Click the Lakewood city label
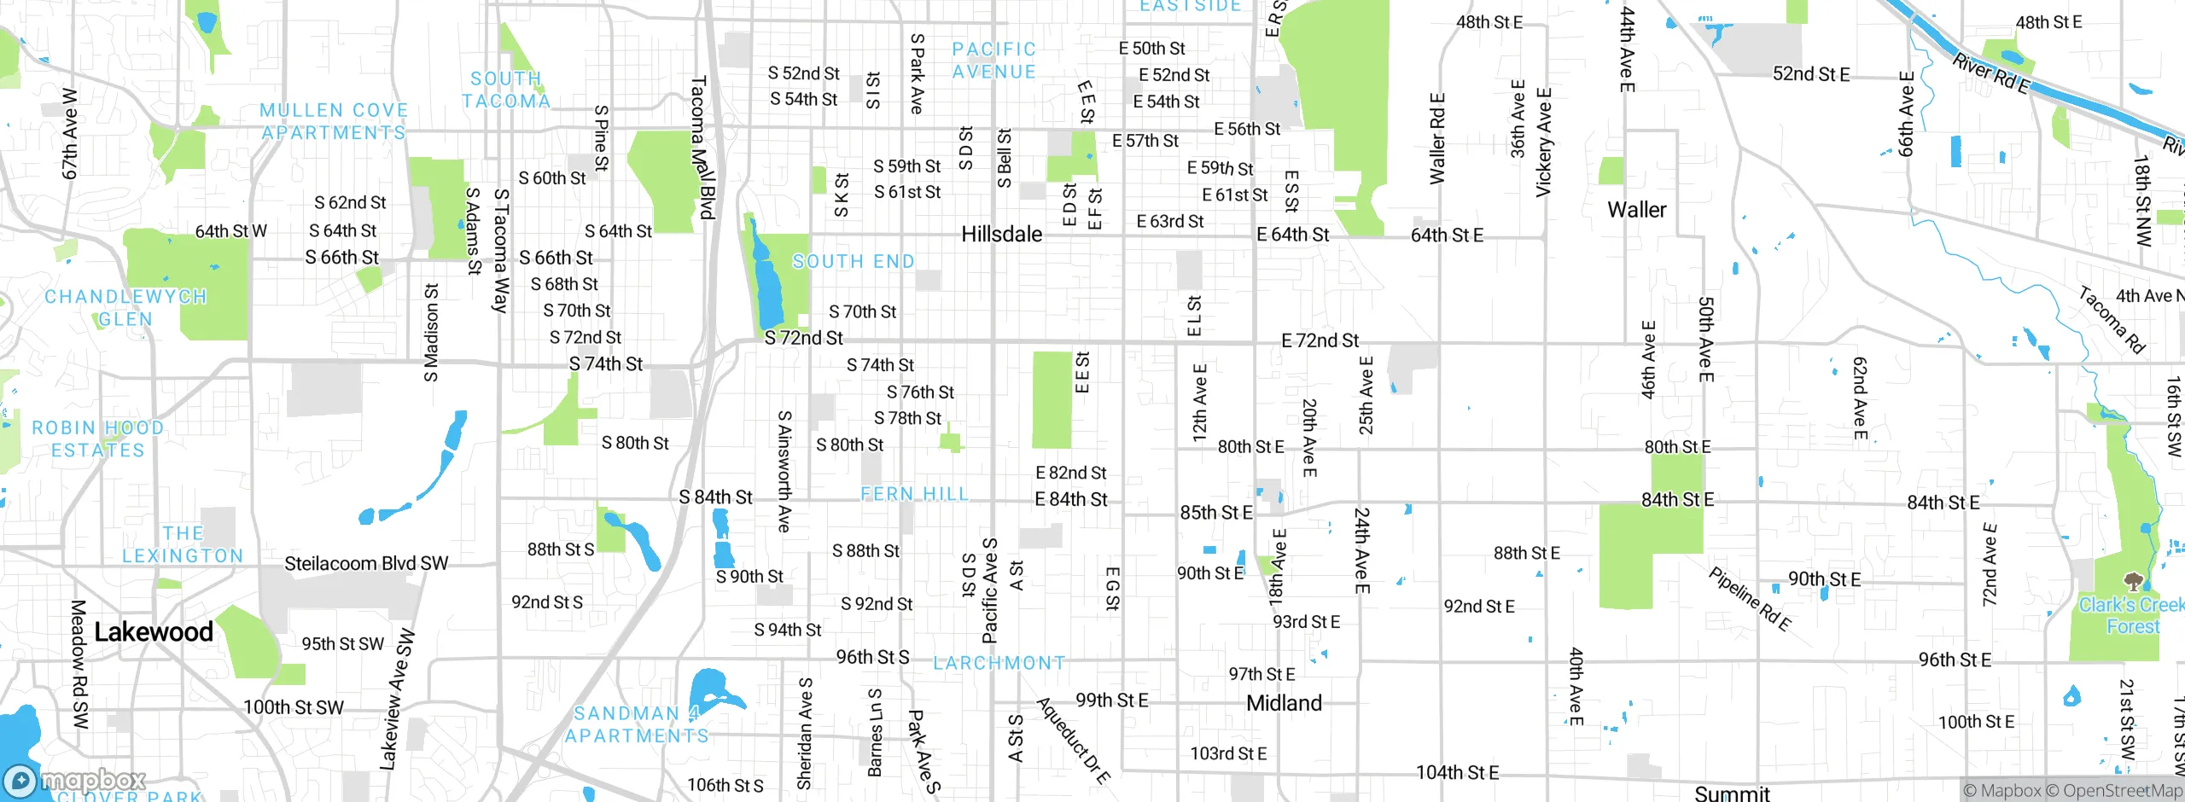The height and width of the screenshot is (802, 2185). [x=154, y=632]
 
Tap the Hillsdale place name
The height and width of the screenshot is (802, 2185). [x=1001, y=235]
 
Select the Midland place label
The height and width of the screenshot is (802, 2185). [x=1284, y=704]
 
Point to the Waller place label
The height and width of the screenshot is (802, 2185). [x=1636, y=210]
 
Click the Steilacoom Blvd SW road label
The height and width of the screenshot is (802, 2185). [x=366, y=564]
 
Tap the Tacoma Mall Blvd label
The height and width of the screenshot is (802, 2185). [x=702, y=148]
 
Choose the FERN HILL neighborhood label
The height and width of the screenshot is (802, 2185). [x=914, y=494]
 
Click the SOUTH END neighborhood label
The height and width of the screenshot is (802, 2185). [x=853, y=262]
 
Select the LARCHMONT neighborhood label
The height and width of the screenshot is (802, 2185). [x=999, y=663]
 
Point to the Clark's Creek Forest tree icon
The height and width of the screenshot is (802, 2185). [x=2133, y=582]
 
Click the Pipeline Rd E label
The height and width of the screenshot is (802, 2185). [x=1749, y=600]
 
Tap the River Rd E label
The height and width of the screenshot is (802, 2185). [x=1990, y=74]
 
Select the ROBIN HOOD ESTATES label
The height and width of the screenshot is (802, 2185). [x=97, y=439]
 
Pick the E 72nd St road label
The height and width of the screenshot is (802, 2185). [x=1320, y=341]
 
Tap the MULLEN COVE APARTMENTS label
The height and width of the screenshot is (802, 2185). [x=334, y=122]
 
